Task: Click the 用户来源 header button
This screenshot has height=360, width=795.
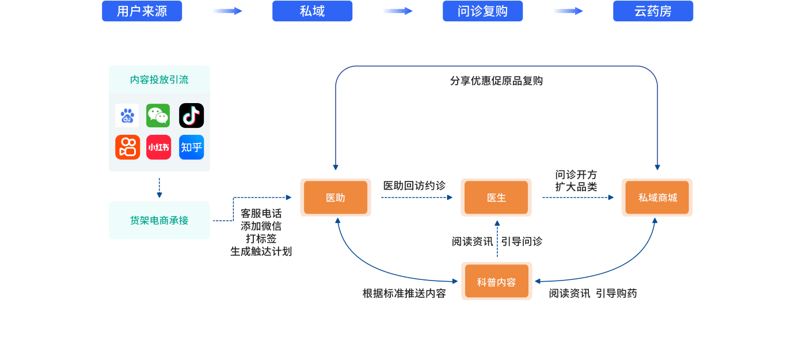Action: click(x=142, y=11)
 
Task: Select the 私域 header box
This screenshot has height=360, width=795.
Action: click(x=312, y=11)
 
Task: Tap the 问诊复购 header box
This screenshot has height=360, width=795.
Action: click(x=482, y=11)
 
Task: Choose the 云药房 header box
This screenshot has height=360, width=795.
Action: click(x=653, y=11)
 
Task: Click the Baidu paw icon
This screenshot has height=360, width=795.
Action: click(x=127, y=116)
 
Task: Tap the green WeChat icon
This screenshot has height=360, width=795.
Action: click(x=158, y=116)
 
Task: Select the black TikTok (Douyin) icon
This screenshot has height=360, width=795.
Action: click(x=191, y=116)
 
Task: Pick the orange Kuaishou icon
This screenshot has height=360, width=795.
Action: click(x=127, y=147)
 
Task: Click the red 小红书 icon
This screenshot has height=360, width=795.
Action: click(x=158, y=147)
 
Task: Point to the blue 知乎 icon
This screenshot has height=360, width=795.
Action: click(x=191, y=147)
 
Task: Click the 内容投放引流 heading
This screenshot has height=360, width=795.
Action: click(x=159, y=79)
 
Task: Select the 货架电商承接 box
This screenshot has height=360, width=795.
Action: click(x=159, y=220)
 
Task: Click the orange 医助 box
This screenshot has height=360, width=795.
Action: click(x=336, y=198)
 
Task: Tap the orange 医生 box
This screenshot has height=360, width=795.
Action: click(x=496, y=198)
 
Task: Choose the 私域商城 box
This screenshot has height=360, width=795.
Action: click(x=657, y=198)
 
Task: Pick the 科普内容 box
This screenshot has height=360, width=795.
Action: click(x=496, y=281)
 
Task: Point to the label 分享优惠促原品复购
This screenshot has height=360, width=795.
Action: click(x=496, y=81)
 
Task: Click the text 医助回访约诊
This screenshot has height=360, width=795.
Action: click(x=414, y=185)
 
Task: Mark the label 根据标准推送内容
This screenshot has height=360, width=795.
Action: click(x=404, y=293)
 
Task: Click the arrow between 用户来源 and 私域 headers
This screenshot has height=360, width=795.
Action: click(x=227, y=11)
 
